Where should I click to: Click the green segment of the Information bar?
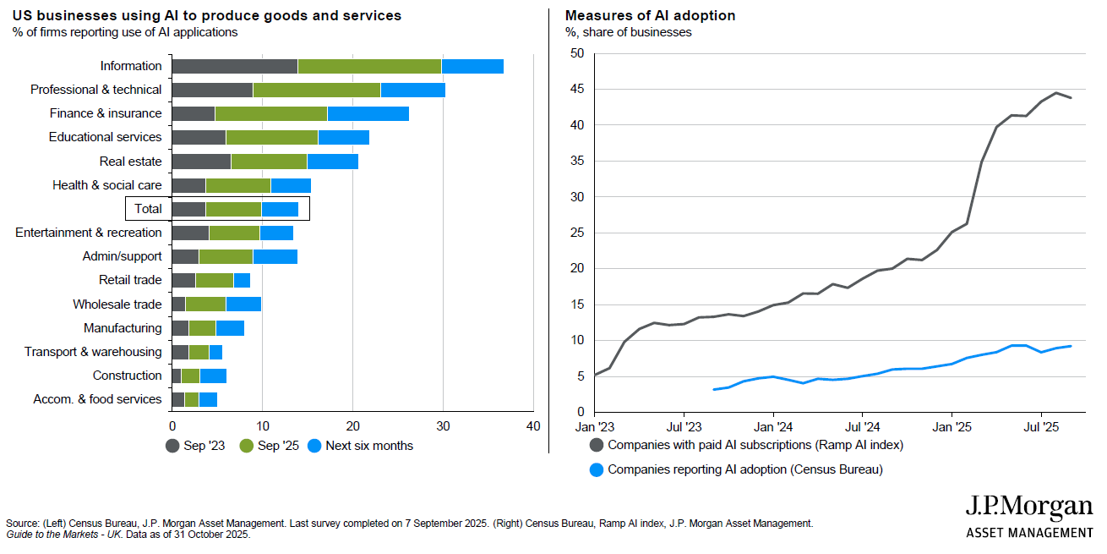[x=369, y=66]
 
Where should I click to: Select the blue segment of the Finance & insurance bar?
[x=368, y=113]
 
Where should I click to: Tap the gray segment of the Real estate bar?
[x=201, y=161]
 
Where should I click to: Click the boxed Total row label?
[x=148, y=209]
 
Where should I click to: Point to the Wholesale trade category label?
[x=117, y=304]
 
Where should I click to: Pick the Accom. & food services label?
[x=97, y=399]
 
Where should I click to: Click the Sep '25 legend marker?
[x=247, y=445]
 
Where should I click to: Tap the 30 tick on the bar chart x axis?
[x=442, y=426]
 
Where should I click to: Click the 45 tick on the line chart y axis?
[x=577, y=89]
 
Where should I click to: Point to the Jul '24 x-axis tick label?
[x=863, y=426]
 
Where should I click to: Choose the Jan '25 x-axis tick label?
[x=952, y=426]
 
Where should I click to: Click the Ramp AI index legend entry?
[x=755, y=444]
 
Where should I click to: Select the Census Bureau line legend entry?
[x=744, y=469]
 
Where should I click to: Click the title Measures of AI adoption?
[x=650, y=15]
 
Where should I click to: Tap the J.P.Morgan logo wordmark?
[x=1028, y=507]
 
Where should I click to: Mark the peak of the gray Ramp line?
[x=1056, y=93]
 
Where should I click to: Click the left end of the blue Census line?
[x=714, y=390]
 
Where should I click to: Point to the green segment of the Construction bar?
[x=190, y=376]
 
